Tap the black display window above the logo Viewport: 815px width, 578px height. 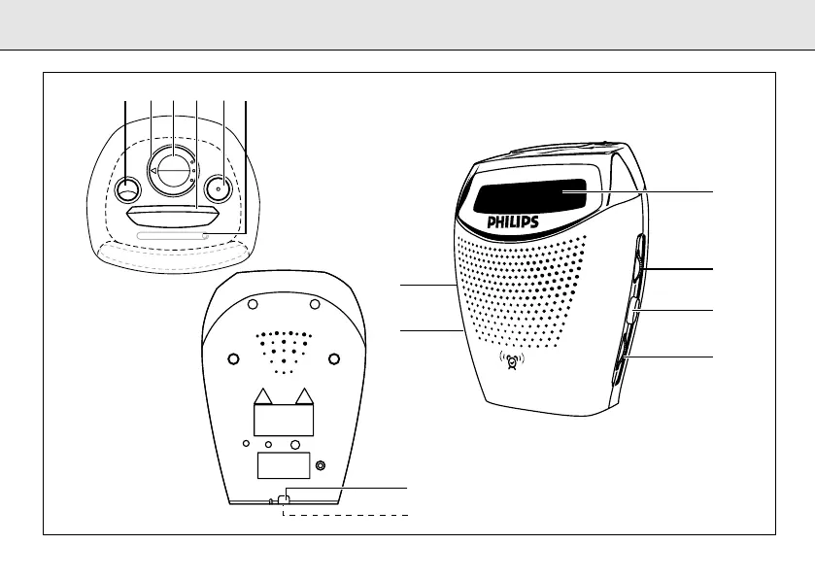[x=530, y=197]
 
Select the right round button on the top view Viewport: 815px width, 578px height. [x=220, y=187]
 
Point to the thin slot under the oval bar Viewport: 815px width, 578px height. [x=173, y=235]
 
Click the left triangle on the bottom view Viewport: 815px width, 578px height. [x=262, y=394]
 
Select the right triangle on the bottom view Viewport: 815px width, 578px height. [x=305, y=394]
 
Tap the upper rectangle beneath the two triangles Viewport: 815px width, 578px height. [x=284, y=420]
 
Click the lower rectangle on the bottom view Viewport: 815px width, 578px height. [x=284, y=465]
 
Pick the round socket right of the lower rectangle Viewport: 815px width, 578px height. [x=322, y=466]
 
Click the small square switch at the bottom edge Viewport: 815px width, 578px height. [x=283, y=499]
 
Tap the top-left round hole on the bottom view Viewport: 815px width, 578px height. [x=253, y=304]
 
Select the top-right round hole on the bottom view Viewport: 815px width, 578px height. [x=315, y=304]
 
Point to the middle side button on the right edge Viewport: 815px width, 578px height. [x=632, y=311]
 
